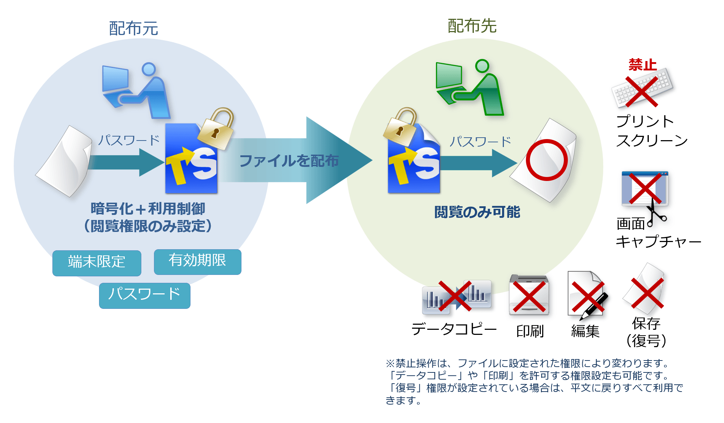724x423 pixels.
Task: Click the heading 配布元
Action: (x=133, y=29)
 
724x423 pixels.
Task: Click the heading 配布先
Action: (x=472, y=26)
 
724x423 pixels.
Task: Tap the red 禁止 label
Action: (x=642, y=65)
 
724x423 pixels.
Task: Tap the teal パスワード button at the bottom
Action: (x=145, y=295)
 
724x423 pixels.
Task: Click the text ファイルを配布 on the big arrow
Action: (x=289, y=161)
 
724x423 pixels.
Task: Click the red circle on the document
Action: (x=546, y=160)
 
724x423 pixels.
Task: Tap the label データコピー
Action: (x=454, y=329)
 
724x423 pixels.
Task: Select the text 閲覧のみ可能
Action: (x=477, y=212)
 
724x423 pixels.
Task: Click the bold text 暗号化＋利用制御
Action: (x=148, y=209)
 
